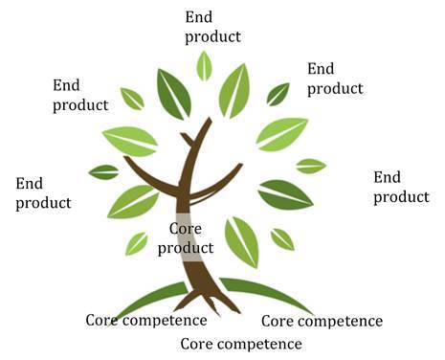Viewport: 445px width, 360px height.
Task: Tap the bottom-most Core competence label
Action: (240, 343)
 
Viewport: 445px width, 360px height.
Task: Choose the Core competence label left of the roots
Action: (146, 320)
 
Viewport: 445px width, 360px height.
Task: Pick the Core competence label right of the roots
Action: (322, 321)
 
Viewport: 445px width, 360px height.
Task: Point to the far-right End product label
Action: (400, 187)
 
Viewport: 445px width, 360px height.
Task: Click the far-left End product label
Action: (43, 193)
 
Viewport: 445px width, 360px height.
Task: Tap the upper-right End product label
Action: (335, 79)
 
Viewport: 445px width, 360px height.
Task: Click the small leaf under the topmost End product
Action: (204, 66)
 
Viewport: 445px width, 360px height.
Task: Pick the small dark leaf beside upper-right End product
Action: (278, 93)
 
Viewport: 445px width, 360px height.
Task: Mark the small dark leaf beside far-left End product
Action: (103, 172)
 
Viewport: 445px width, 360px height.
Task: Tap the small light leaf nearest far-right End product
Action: (311, 166)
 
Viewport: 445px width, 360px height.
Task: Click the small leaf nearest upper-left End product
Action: (132, 99)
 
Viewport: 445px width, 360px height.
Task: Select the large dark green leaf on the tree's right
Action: (285, 194)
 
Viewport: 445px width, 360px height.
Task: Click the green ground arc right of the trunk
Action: (268, 292)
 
